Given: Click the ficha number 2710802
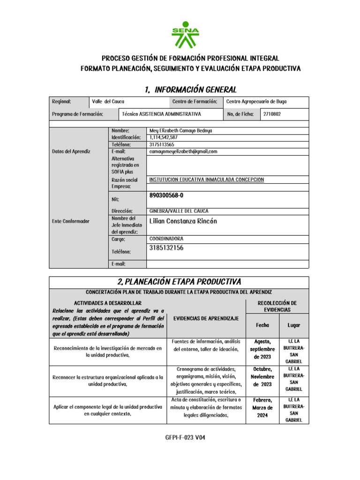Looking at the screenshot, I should pyautogui.click(x=272, y=114).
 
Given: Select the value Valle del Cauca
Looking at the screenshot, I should pyautogui.click(x=108, y=101).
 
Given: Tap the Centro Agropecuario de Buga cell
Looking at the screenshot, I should pyautogui.click(x=256, y=101).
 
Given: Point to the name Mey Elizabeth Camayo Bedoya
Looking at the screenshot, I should pyautogui.click(x=180, y=131).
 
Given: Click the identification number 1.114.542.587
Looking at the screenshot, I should pyautogui.click(x=163, y=137).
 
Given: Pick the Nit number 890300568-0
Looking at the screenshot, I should pyautogui.click(x=166, y=195).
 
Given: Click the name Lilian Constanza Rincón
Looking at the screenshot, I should pyautogui.click(x=183, y=221).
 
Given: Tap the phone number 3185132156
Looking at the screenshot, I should pyautogui.click(x=166, y=248).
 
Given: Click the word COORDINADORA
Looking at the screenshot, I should pyautogui.click(x=166, y=239).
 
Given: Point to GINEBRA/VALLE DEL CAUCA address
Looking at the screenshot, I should pyautogui.click(x=179, y=211).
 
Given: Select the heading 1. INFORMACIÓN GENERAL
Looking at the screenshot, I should pyautogui.click(x=190, y=90).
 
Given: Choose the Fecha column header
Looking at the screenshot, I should pyautogui.click(x=262, y=325).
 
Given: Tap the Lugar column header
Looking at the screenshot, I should pyautogui.click(x=294, y=325).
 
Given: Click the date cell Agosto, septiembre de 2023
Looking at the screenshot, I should pyautogui.click(x=262, y=349).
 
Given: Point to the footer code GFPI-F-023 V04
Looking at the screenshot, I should pyautogui.click(x=185, y=438).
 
